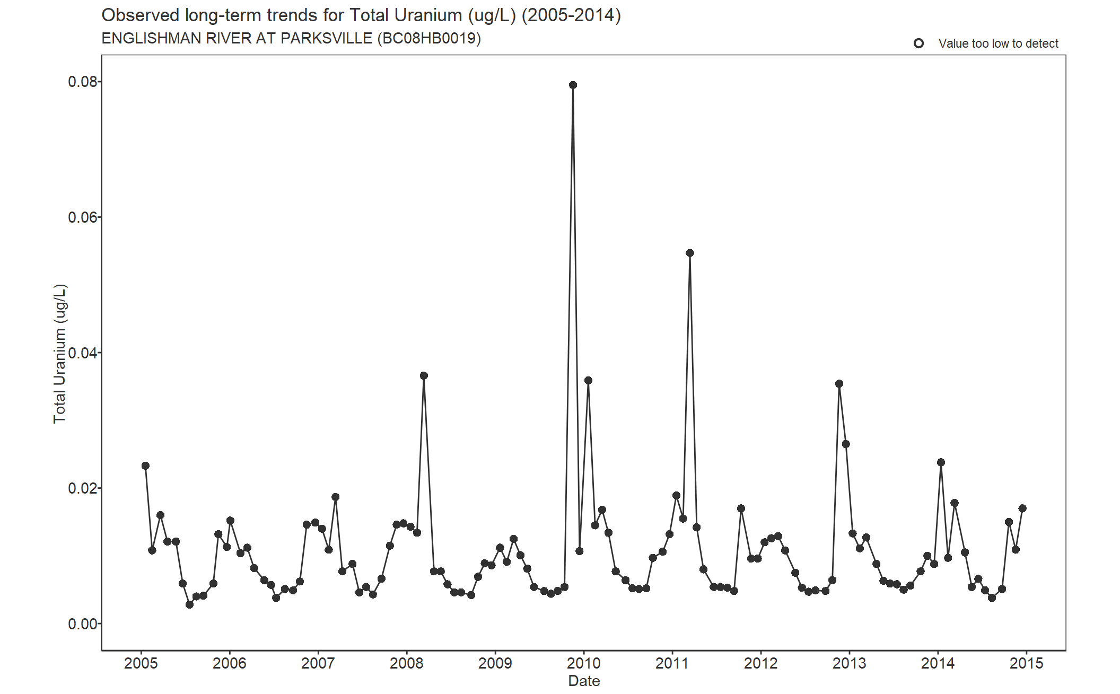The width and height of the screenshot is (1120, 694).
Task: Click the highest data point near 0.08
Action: coord(573,85)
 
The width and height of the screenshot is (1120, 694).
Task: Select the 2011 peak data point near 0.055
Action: coord(689,253)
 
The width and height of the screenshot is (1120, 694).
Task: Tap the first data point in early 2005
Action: coord(145,465)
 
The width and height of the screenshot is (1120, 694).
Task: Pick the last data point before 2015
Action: coord(1022,508)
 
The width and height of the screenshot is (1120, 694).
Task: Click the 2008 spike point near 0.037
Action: coord(424,375)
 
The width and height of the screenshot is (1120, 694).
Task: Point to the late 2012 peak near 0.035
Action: coord(839,384)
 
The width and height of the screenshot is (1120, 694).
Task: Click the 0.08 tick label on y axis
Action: coord(83,82)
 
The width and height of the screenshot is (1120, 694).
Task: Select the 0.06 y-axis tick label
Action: coord(83,217)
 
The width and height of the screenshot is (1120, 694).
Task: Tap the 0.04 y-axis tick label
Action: coord(83,353)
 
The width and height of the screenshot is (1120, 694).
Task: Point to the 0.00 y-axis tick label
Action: coord(83,624)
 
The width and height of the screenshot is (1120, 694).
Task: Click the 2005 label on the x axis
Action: coord(141,663)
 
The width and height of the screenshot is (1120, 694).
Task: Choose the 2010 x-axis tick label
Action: coord(584,663)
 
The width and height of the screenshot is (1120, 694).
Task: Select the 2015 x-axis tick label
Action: coord(1026,663)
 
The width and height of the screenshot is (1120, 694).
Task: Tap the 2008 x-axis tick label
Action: coord(407,663)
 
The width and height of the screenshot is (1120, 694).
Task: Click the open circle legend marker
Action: coord(918,43)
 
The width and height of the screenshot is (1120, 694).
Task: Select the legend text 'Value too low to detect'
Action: coord(998,43)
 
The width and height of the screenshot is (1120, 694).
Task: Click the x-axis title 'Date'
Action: coord(584,681)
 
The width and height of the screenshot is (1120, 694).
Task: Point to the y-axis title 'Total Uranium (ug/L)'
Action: coord(60,354)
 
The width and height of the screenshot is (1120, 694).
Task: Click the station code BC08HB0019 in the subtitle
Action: coord(429,39)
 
